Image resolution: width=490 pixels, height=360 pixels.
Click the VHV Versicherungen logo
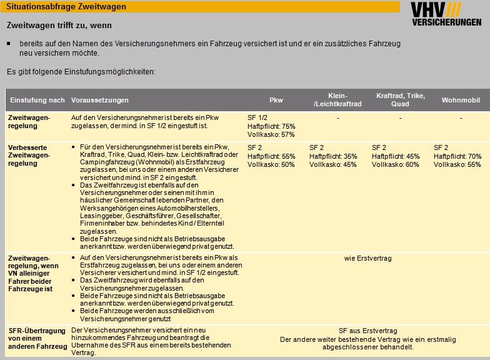click(446, 14)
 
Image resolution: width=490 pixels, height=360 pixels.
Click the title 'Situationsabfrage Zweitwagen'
click(66, 7)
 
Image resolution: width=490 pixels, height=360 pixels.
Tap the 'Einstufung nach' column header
click(37, 100)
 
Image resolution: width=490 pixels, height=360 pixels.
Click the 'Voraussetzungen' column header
click(100, 100)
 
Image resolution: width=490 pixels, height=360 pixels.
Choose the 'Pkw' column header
click(276, 100)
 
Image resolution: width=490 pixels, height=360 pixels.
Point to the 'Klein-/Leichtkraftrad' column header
click(337, 100)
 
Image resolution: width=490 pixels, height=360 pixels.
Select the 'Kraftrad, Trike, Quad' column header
click(400, 100)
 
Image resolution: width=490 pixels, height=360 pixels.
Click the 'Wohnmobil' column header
click(461, 100)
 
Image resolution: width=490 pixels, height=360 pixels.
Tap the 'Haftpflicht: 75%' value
click(271, 126)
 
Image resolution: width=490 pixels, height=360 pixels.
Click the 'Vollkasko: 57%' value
click(271, 134)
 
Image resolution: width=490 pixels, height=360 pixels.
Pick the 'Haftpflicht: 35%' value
click(333, 156)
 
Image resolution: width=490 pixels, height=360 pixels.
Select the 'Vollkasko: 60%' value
click(396, 164)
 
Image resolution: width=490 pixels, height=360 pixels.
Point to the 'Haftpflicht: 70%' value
click(457, 156)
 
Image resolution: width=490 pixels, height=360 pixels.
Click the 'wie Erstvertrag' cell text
click(368, 257)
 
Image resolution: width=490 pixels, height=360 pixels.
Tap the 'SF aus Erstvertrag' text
click(368, 331)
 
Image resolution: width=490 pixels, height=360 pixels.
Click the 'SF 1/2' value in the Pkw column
click(257, 117)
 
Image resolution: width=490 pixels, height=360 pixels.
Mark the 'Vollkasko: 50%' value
click(271, 164)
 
